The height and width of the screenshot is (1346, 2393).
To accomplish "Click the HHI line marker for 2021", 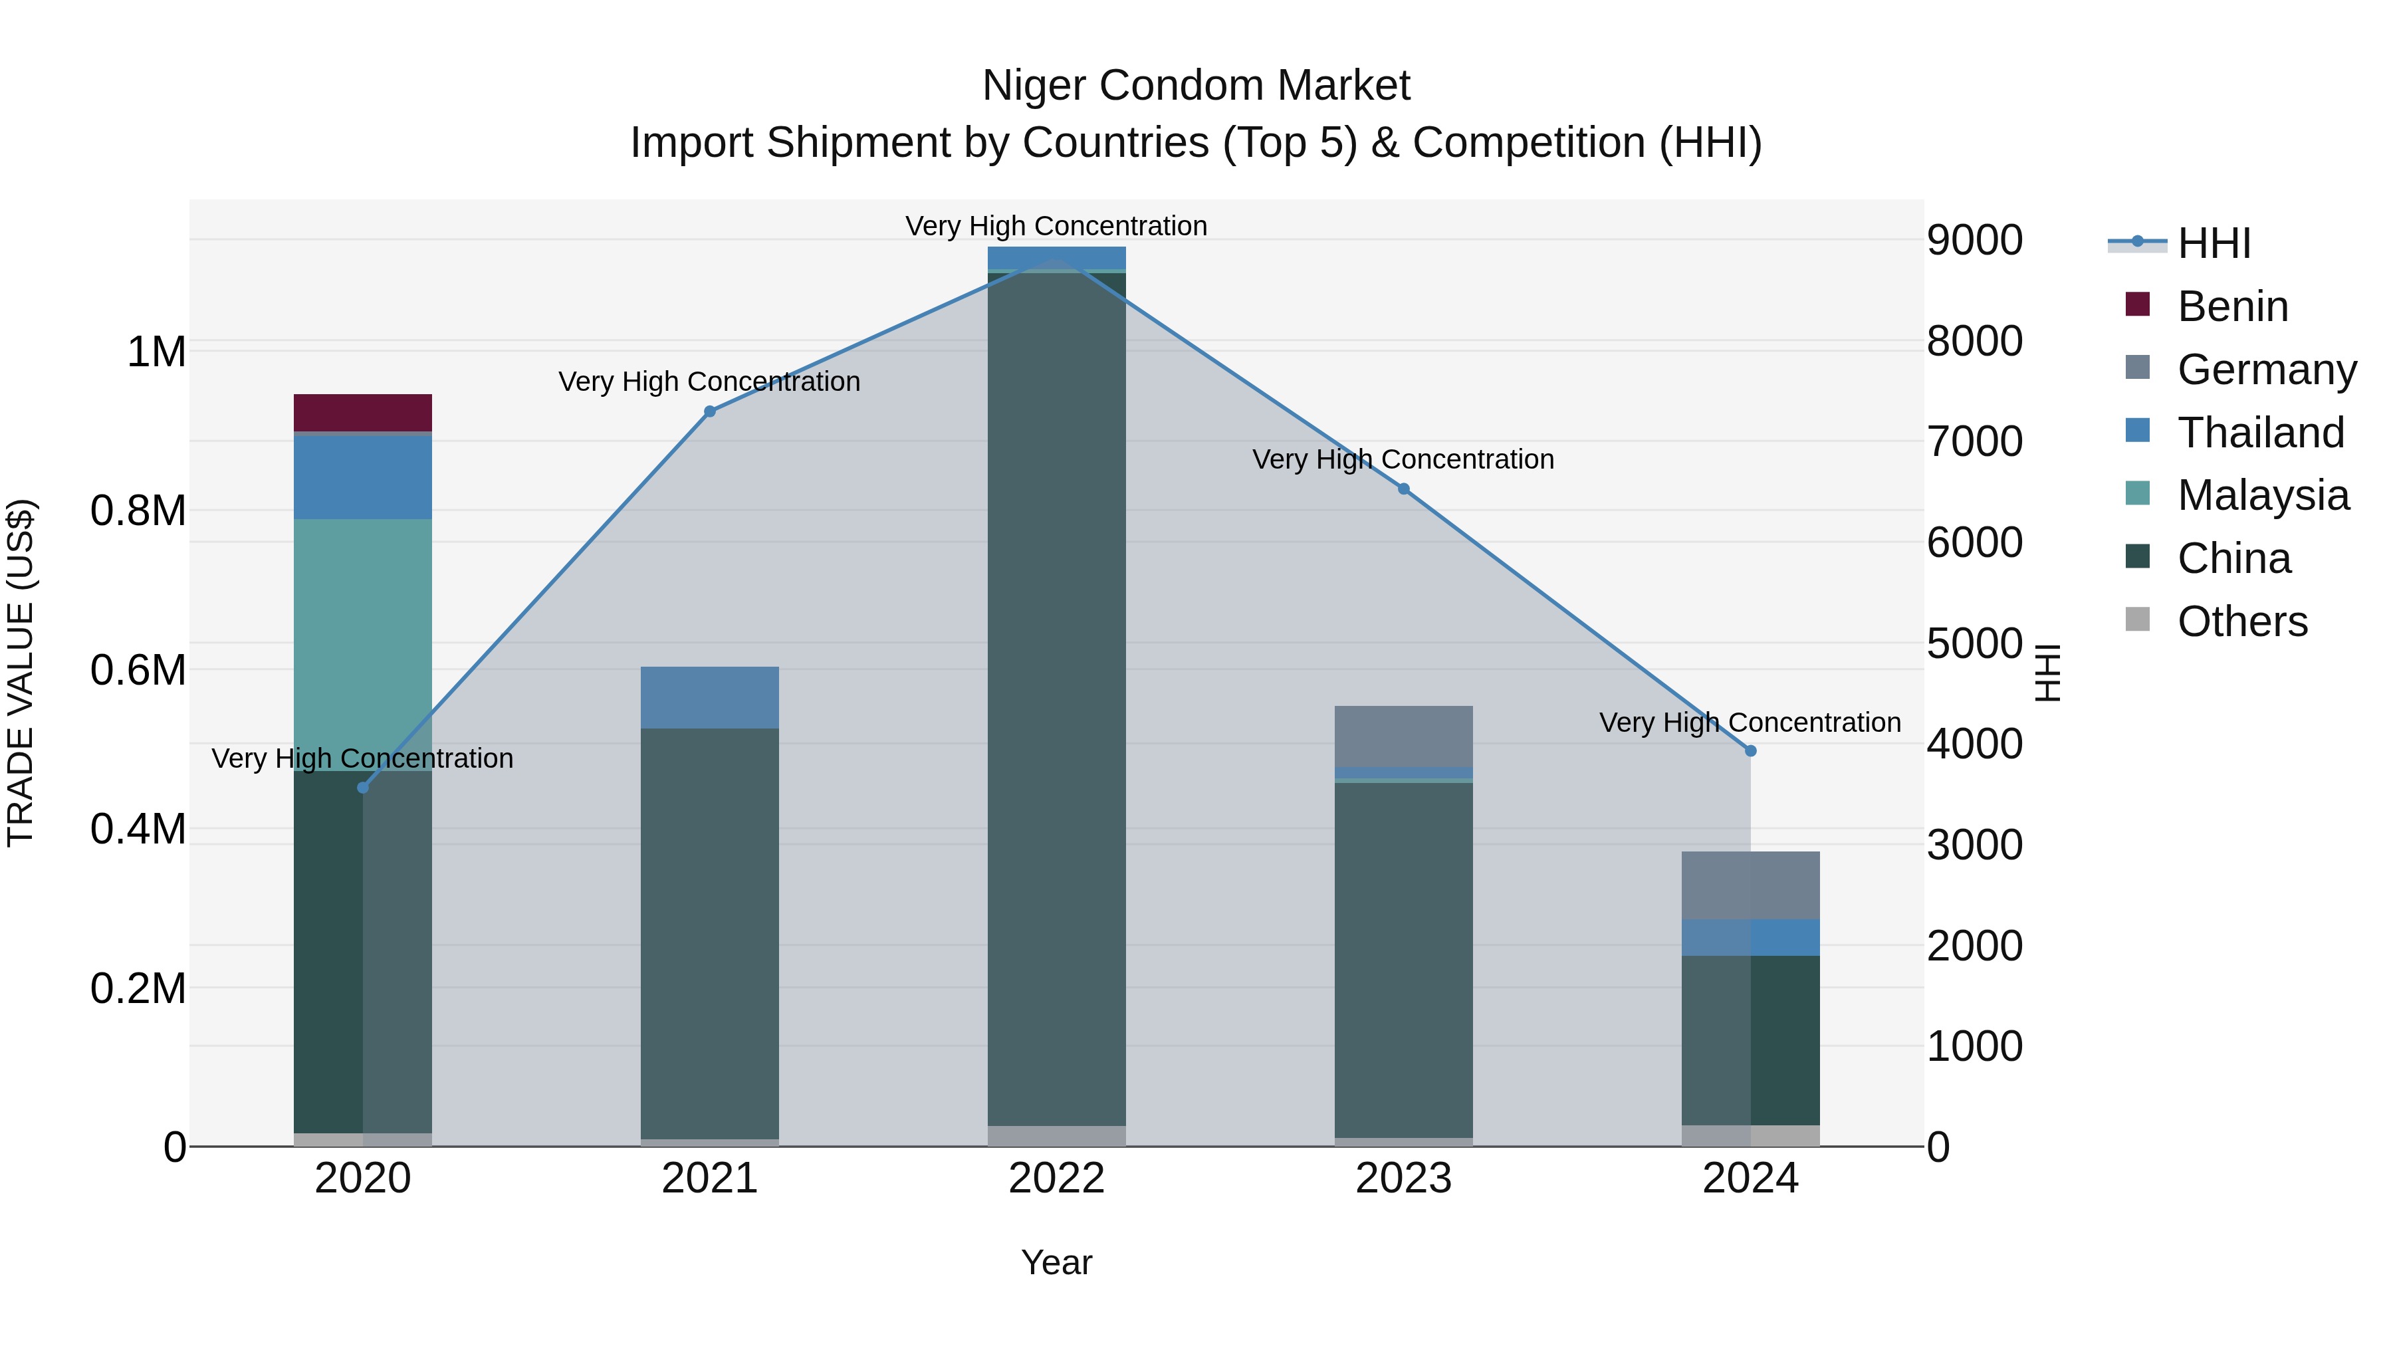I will tap(710, 411).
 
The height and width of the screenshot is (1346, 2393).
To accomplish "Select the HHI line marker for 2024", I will tap(1750, 750).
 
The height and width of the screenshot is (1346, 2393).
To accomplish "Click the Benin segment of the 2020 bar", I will tap(362, 411).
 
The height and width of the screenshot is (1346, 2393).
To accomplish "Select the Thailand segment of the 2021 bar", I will tap(710, 697).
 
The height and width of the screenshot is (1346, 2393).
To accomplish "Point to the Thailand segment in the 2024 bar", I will tap(1750, 937).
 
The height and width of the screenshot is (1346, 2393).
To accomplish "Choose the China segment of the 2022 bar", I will tap(1056, 697).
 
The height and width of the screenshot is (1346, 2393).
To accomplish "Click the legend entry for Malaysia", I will tap(2262, 495).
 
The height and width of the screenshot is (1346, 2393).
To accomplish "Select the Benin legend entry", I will tap(2231, 306).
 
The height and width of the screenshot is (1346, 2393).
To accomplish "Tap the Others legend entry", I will tap(2241, 621).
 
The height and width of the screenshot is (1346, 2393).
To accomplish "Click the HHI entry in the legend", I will tap(2213, 243).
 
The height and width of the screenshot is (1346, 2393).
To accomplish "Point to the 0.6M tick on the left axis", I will tap(138, 670).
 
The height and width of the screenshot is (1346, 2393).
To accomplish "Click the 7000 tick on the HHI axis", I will tap(1974, 441).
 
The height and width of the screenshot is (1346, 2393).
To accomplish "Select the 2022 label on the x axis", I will tap(1056, 1178).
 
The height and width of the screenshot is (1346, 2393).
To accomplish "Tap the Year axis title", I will tap(1056, 1262).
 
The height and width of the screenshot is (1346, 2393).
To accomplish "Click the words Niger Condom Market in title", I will tap(1196, 86).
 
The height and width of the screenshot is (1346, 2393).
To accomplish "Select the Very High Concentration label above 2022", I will tap(1056, 226).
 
